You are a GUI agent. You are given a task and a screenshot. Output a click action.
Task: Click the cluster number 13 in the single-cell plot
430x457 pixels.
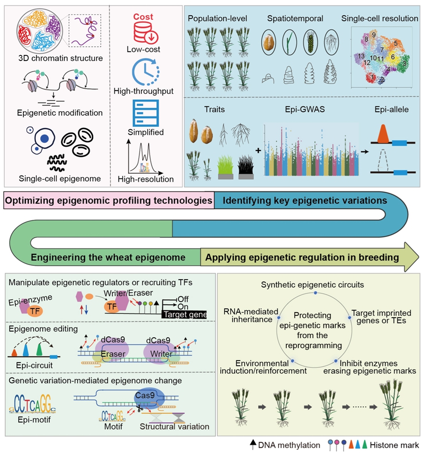(361, 56)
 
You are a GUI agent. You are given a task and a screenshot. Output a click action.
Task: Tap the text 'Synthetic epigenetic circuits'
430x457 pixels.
(312, 285)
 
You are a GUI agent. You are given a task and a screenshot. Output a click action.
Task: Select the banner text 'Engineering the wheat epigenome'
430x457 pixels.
(108, 258)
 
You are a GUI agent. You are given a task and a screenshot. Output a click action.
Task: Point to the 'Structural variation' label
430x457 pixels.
(174, 426)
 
